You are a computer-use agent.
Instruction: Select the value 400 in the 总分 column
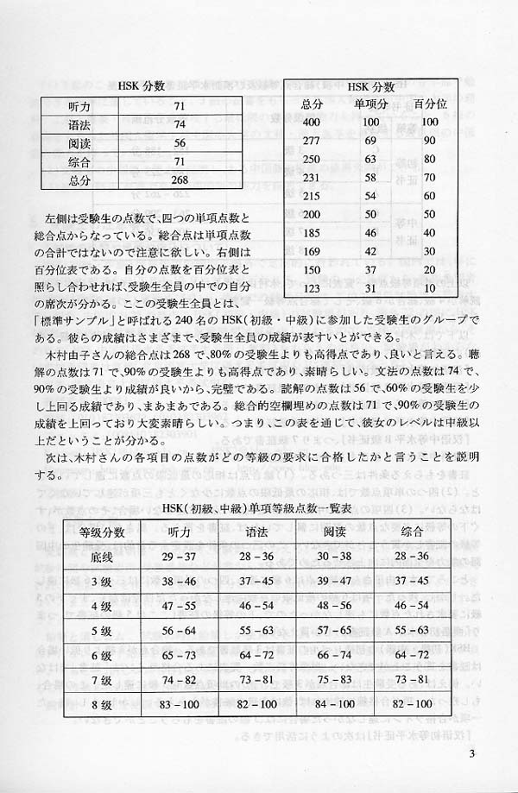pyautogui.click(x=312, y=123)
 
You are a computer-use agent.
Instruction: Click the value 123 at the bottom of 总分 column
pyautogui.click(x=312, y=285)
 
